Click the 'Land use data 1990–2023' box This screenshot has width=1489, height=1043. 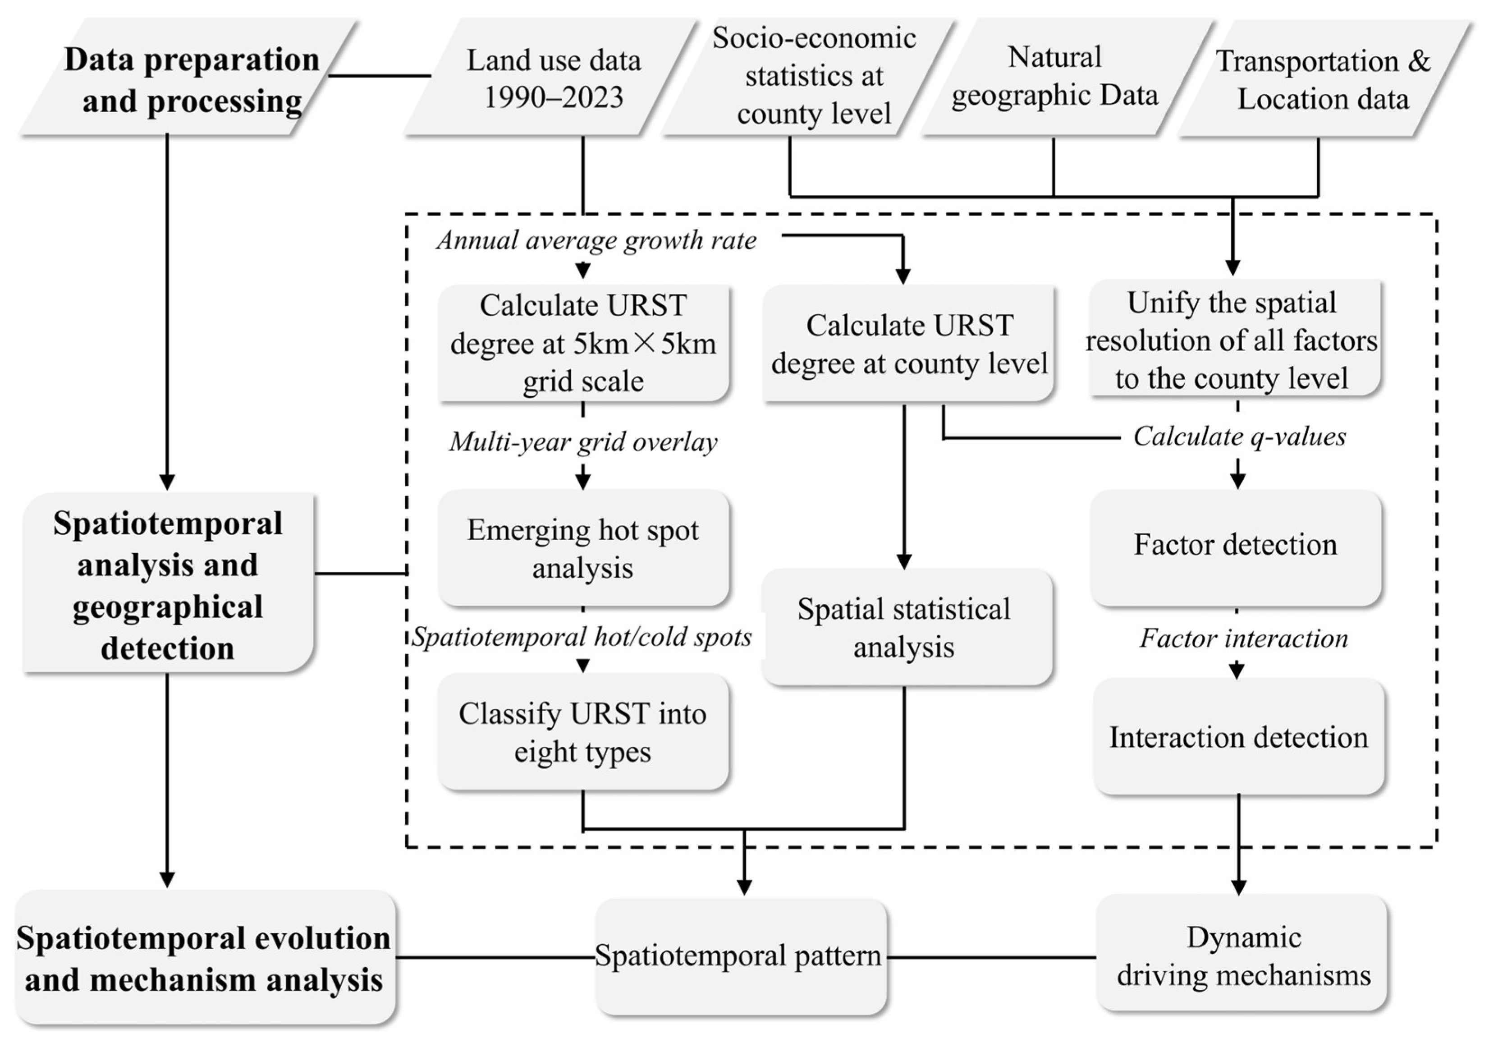[553, 78]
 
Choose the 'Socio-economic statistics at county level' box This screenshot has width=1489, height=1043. [813, 77]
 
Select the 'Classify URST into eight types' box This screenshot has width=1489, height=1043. [583, 732]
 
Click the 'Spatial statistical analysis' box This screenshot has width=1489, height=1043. [905, 627]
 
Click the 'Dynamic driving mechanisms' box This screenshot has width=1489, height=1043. [1242, 956]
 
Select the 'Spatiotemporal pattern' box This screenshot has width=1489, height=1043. [739, 956]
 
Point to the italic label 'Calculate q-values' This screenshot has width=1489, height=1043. [1239, 436]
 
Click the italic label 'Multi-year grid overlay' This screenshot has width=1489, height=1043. [583, 442]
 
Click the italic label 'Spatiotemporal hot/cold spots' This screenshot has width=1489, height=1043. [582, 638]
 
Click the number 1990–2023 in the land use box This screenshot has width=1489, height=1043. [553, 98]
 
